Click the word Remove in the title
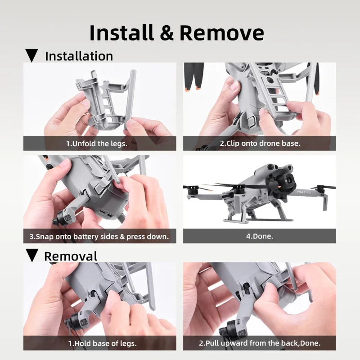222,33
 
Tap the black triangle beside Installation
31,56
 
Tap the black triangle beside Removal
31,256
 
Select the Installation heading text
79,56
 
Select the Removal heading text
71,256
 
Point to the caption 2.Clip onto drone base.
260,144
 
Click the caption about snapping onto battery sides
99,236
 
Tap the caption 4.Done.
260,236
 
